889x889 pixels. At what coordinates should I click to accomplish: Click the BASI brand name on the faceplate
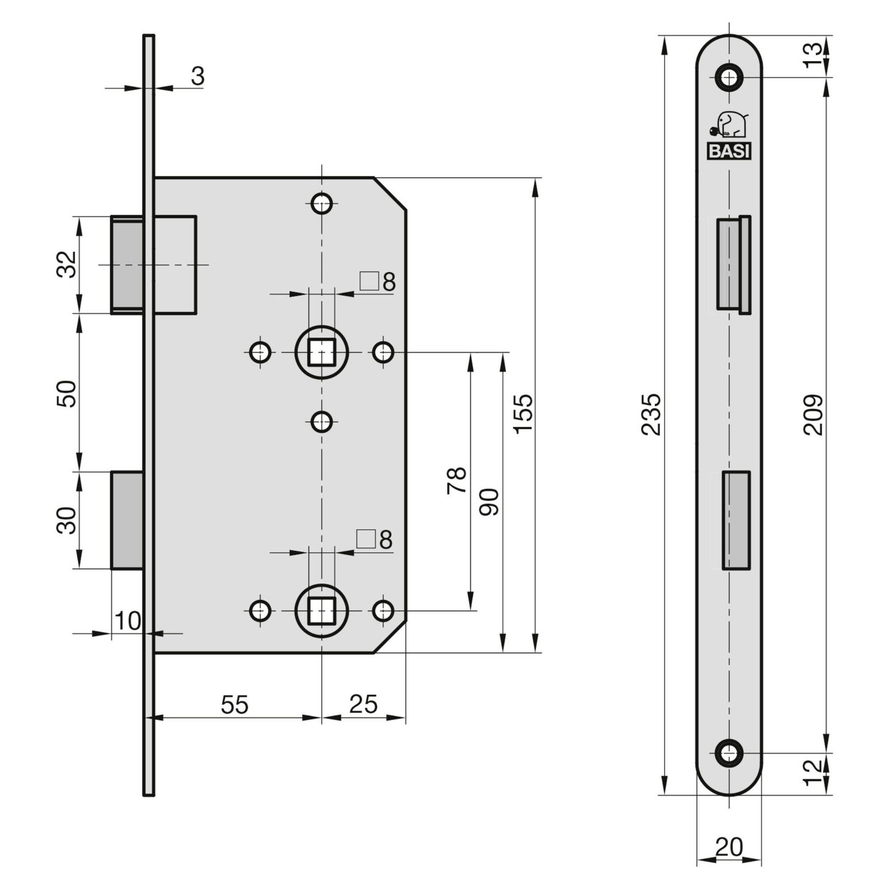point(729,152)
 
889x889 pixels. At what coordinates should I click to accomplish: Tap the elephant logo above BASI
point(729,125)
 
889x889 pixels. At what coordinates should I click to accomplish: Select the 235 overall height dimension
point(652,414)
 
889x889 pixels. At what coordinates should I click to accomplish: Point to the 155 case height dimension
point(523,414)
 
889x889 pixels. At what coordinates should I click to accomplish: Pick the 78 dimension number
point(457,481)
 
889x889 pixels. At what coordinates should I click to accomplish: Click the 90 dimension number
point(489,502)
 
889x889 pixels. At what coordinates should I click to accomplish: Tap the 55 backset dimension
point(235,705)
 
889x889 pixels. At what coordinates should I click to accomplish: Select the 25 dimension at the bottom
point(363,704)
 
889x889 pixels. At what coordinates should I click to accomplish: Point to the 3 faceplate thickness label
point(197,76)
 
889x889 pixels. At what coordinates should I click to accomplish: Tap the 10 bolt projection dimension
point(128,622)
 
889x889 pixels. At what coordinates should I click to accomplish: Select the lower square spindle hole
point(322,611)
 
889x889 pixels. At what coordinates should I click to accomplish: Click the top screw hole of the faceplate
point(729,77)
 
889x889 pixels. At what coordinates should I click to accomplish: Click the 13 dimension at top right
point(814,55)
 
